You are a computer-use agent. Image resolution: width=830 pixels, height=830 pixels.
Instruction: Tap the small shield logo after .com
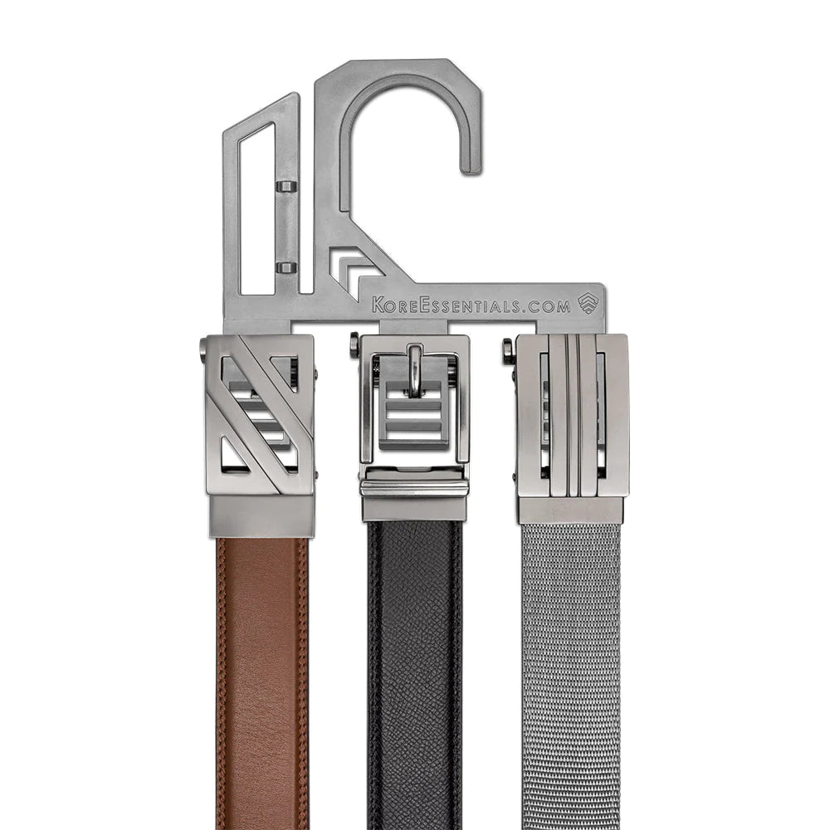pyautogui.click(x=587, y=303)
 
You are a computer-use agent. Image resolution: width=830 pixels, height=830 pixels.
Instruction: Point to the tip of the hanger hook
pyautogui.click(x=471, y=168)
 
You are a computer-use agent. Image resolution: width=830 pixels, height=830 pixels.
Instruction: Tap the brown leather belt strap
pyautogui.click(x=262, y=683)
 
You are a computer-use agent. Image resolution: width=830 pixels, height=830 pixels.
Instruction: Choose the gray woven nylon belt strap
pyautogui.click(x=571, y=676)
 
